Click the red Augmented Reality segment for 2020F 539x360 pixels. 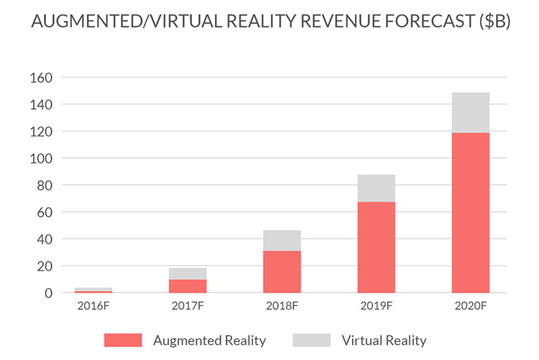pyautogui.click(x=471, y=213)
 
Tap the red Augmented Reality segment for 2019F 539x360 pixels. pyautogui.click(x=376, y=247)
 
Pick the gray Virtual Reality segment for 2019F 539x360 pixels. pyautogui.click(x=376, y=188)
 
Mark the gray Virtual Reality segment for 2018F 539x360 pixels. pyautogui.click(x=282, y=241)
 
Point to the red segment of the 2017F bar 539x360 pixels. pyautogui.click(x=188, y=286)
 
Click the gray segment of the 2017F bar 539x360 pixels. pyautogui.click(x=188, y=274)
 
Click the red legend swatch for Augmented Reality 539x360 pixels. pyautogui.click(x=123, y=340)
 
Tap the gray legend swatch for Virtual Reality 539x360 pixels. pyautogui.click(x=311, y=340)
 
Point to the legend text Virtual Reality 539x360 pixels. pyautogui.click(x=384, y=340)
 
